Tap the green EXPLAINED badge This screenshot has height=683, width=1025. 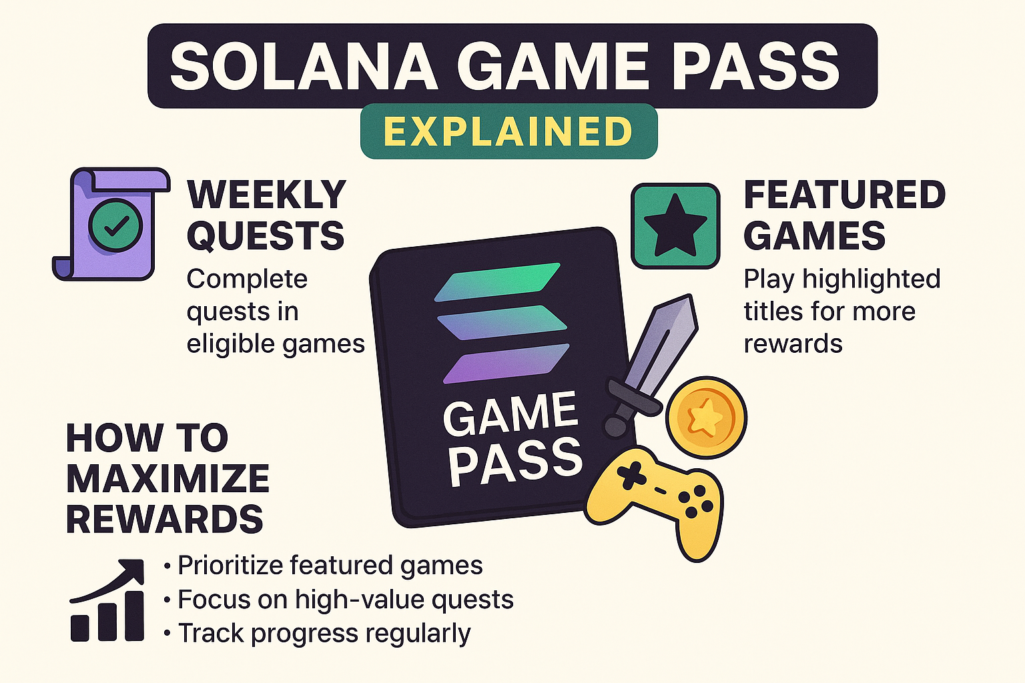pos(509,131)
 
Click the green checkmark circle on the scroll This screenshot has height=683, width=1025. pos(115,225)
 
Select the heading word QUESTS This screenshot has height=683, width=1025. pos(266,235)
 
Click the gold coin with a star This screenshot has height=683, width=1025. pos(706,417)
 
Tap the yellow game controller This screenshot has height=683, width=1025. pos(655,502)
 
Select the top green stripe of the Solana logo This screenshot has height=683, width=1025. pos(497,281)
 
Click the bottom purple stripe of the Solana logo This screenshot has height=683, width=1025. pos(506,364)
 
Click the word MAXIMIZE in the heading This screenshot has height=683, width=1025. pos(168,478)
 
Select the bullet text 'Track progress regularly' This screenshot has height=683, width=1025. pos(324,634)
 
